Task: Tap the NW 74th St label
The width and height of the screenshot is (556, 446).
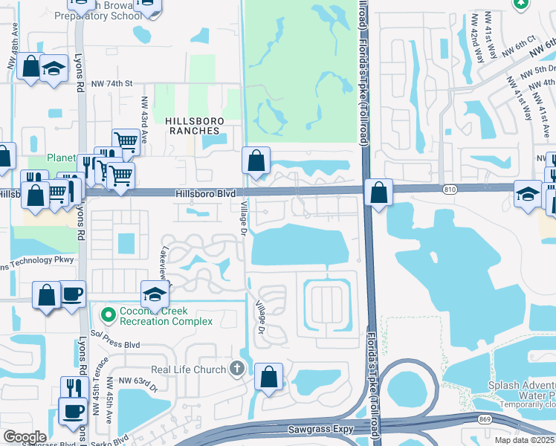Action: point(113,84)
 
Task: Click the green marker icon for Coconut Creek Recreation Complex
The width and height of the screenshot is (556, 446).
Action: point(109,316)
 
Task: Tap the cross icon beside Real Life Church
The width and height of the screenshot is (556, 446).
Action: point(236,369)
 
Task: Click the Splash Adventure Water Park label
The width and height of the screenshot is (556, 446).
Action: point(521,390)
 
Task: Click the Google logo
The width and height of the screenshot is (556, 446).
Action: point(25,437)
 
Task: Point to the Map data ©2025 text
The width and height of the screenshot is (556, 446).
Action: point(524,440)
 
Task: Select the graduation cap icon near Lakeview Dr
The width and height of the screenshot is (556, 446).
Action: point(154,294)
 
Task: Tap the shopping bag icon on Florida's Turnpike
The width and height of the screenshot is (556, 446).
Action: point(379,193)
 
